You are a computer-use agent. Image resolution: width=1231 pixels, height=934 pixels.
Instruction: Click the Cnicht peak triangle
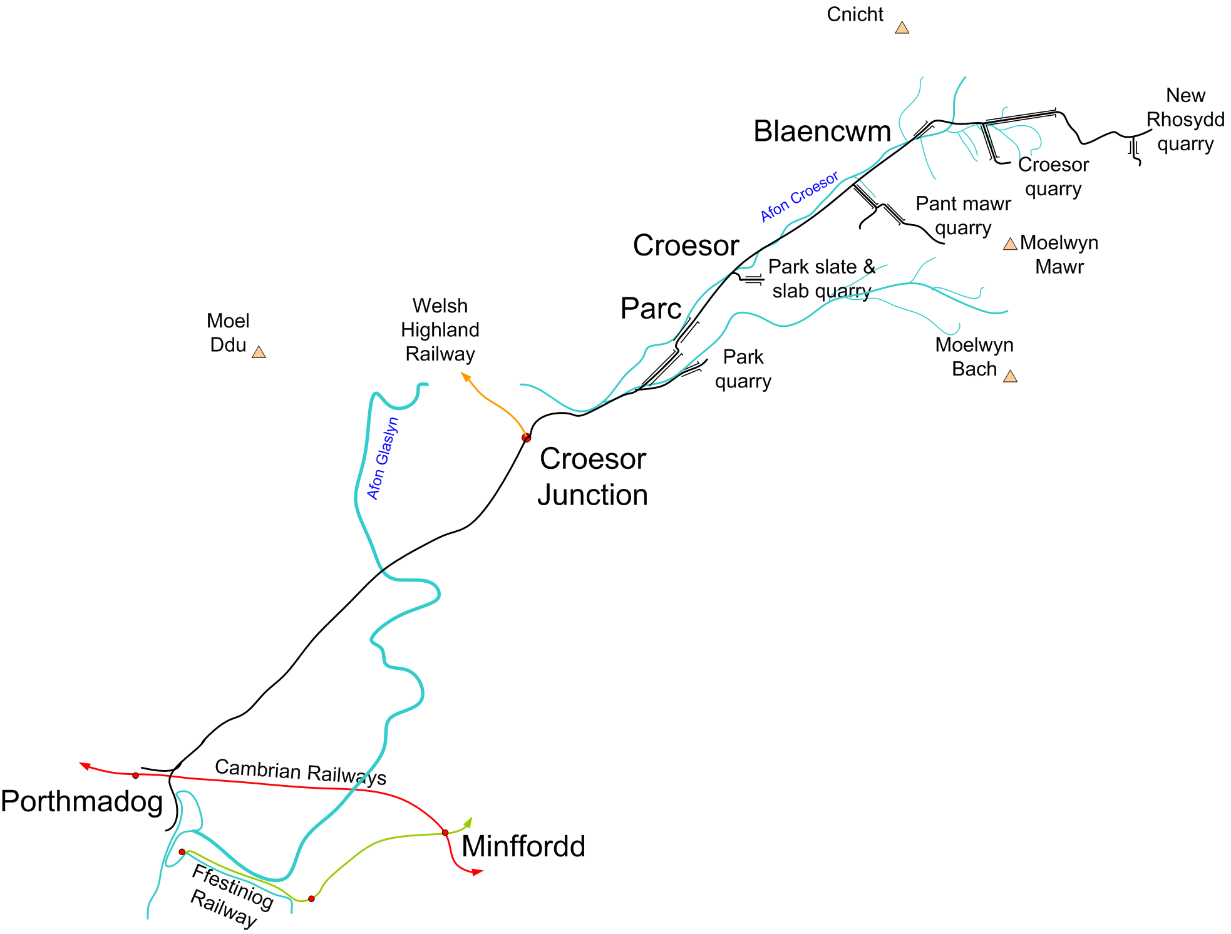(902, 28)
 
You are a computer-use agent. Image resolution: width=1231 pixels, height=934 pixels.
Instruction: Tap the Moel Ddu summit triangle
(259, 352)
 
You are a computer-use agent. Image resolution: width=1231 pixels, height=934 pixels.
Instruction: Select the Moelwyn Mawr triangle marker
(1010, 244)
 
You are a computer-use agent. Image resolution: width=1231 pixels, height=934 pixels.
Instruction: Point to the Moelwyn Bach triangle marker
(1010, 376)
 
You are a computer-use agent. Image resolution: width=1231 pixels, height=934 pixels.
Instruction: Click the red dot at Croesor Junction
(527, 438)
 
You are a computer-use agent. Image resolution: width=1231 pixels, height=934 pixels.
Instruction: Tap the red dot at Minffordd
(445, 833)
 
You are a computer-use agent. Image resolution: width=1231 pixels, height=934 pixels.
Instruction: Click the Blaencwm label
(822, 131)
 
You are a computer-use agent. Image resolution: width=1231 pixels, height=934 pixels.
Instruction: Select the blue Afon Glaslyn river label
(383, 458)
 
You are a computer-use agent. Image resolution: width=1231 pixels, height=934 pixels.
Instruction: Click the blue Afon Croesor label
(800, 197)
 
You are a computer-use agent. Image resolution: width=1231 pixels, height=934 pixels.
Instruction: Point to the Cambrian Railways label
(301, 772)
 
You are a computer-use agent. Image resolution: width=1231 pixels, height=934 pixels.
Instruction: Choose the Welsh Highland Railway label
(440, 330)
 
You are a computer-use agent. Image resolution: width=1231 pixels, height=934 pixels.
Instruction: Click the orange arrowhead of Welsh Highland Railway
(466, 376)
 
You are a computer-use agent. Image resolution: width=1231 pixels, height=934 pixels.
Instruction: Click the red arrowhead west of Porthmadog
(85, 766)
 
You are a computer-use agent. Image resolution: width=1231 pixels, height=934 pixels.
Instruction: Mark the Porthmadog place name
(82, 802)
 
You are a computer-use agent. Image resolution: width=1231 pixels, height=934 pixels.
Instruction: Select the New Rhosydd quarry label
(1185, 120)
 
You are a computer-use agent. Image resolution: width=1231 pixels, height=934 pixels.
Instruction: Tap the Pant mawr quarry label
(963, 216)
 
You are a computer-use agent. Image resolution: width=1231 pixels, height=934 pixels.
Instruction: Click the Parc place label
(651, 309)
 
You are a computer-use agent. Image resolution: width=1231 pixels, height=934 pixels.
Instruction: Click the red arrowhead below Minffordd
(478, 871)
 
